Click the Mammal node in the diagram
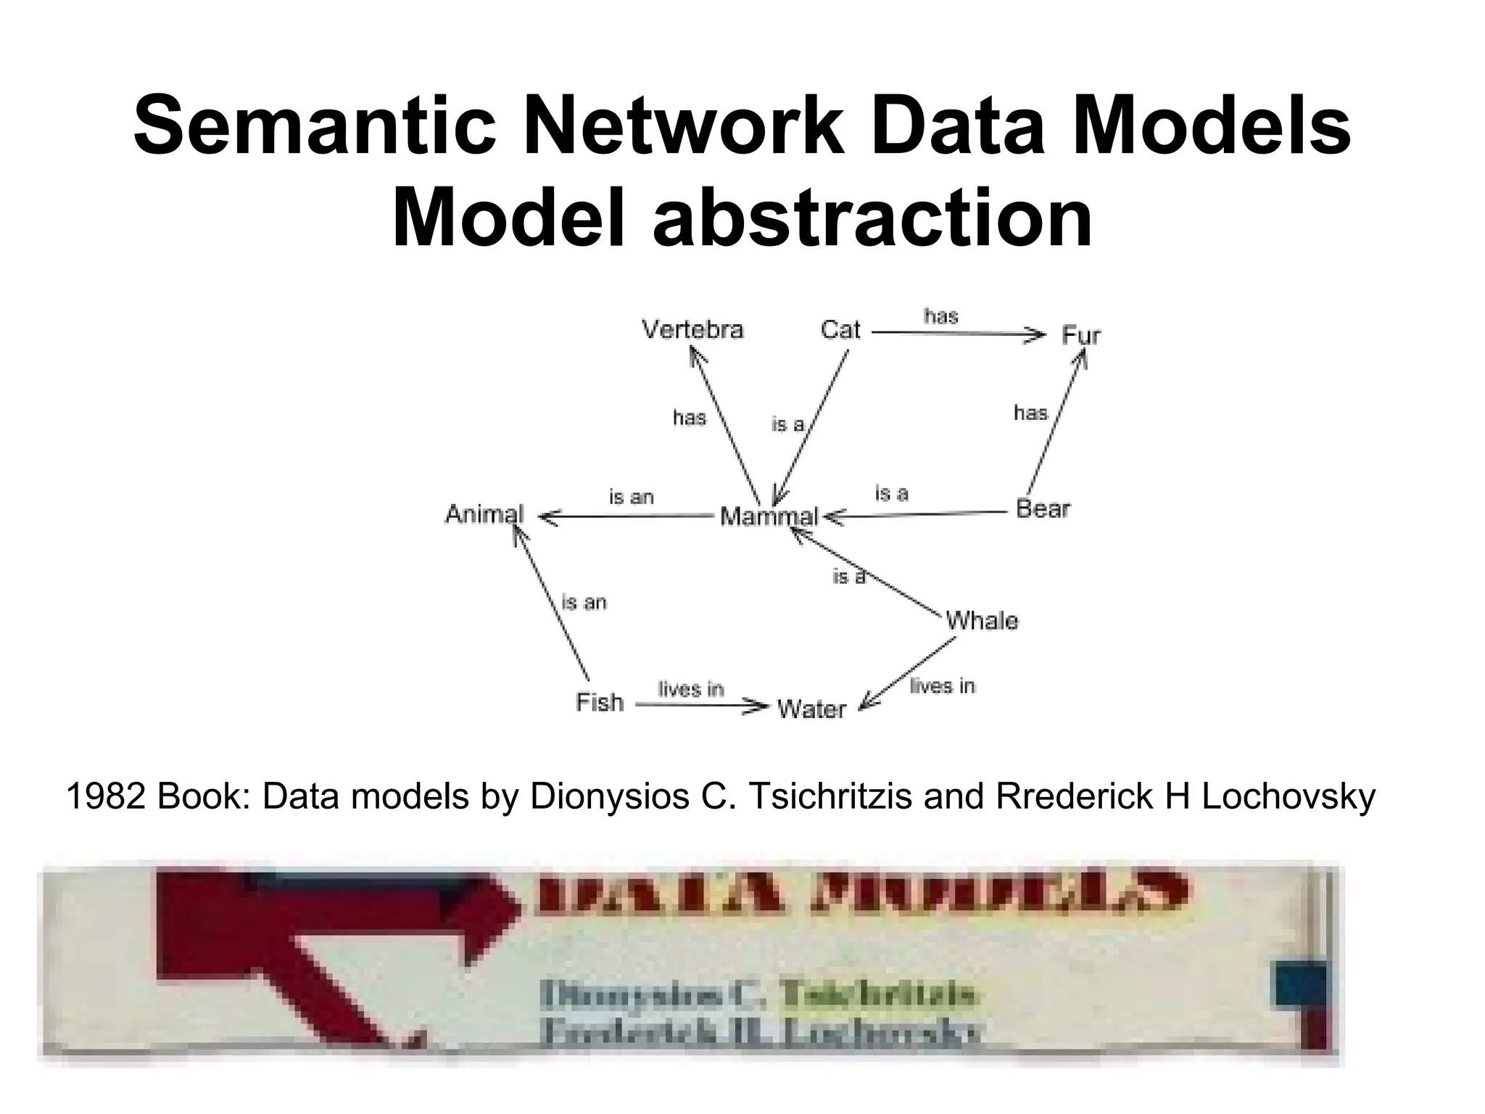[768, 516]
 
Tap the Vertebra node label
[692, 330]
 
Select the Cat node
[840, 330]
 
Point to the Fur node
[1080, 336]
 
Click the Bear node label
[1043, 509]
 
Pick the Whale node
[982, 621]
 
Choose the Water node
[811, 709]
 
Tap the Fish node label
[600, 702]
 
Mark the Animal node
[484, 514]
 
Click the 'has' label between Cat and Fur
[941, 316]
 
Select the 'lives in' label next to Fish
[690, 688]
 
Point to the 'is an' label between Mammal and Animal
[631, 498]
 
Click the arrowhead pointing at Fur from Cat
[1038, 335]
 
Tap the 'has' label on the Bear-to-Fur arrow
[1030, 413]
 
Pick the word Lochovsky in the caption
[1288, 797]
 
